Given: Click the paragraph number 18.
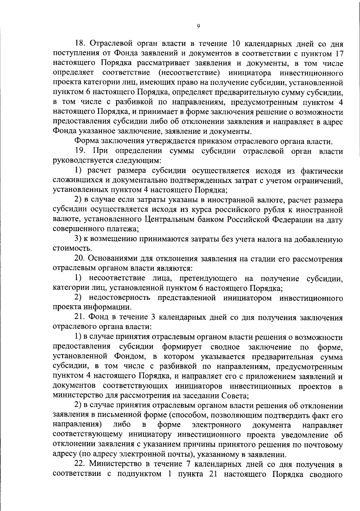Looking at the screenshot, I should point(80,44).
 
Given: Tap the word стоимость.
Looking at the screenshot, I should point(68,249).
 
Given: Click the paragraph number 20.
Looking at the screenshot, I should point(80,258).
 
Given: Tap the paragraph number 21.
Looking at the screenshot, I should point(80,317).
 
